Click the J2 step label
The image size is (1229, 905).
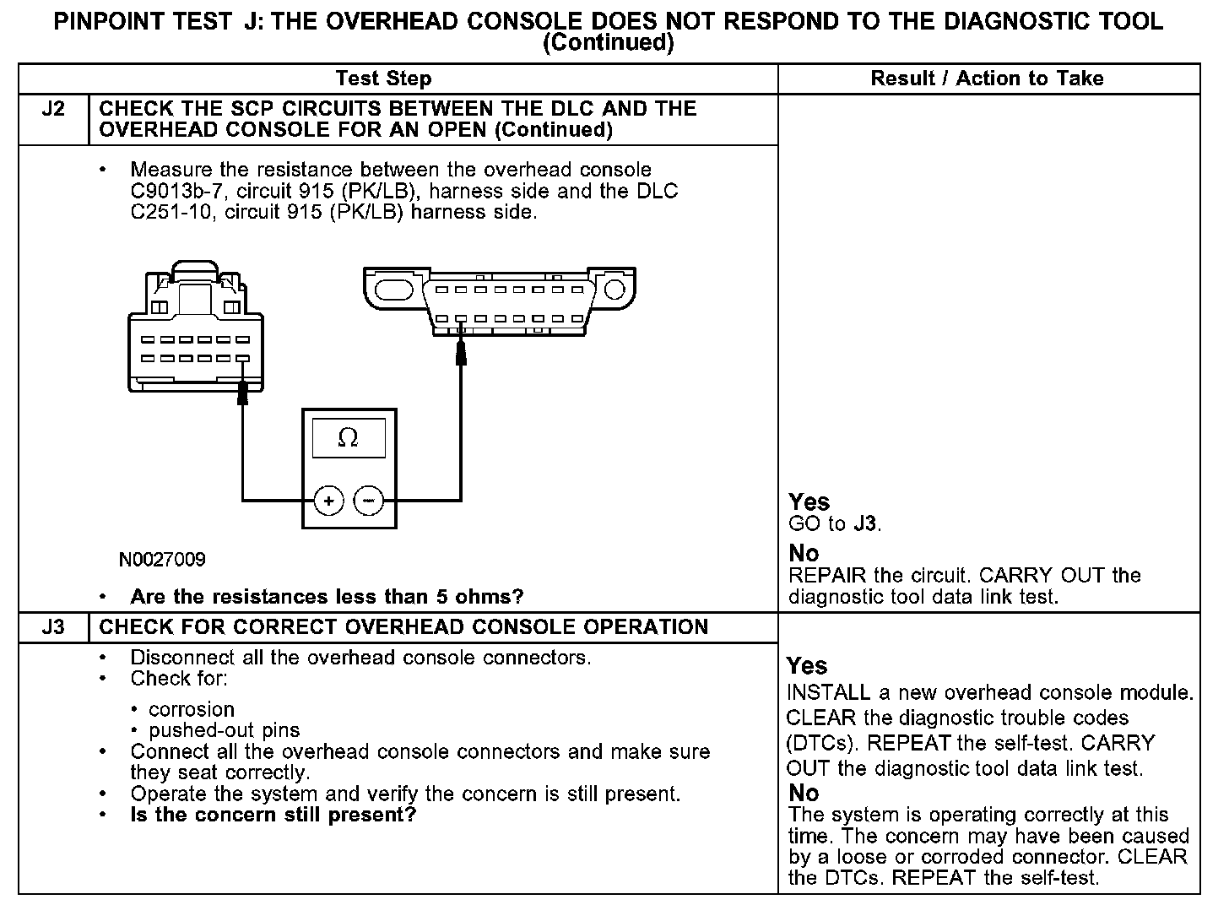click(x=52, y=109)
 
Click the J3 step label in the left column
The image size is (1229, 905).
click(x=52, y=627)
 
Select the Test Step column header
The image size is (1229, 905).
click(x=383, y=79)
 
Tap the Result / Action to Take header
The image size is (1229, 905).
click(x=987, y=79)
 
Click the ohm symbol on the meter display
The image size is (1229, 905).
click(x=347, y=437)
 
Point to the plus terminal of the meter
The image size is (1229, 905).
click(x=328, y=501)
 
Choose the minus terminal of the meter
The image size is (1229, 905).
click(x=368, y=501)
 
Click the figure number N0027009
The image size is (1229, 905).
click(x=162, y=560)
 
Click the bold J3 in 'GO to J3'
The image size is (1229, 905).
click(x=864, y=524)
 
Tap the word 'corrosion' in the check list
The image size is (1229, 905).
click(x=192, y=709)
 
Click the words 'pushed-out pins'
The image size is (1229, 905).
click(x=224, y=730)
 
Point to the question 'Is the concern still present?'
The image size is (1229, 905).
click(x=273, y=815)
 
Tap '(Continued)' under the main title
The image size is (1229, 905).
click(x=608, y=43)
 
